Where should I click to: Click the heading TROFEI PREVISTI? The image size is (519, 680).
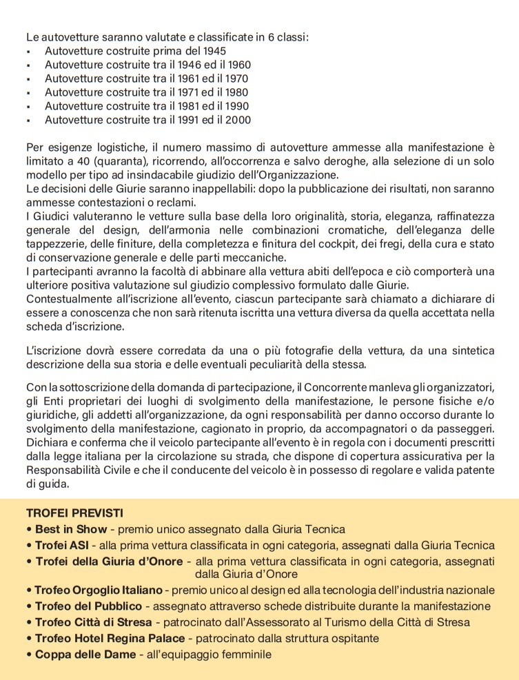point(74,514)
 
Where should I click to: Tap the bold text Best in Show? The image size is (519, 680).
point(71,529)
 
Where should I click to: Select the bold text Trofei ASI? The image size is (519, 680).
point(62,545)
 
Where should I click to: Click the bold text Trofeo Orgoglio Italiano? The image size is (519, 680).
point(99,590)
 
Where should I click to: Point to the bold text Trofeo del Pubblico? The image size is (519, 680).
point(88,606)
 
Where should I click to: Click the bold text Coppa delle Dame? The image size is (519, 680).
point(85,654)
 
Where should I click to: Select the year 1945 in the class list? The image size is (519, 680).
point(212,51)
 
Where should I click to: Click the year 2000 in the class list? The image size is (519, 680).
point(238,120)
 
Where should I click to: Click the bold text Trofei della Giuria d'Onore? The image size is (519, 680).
point(109,561)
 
